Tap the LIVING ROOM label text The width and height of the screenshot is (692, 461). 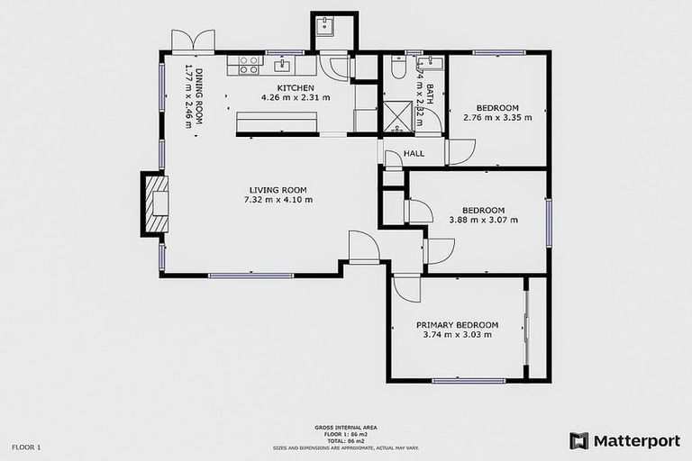(x=278, y=190)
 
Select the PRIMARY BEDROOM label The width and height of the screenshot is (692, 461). (x=457, y=325)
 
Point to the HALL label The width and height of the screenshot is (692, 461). (x=414, y=154)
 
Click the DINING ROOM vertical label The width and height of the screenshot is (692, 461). (x=189, y=95)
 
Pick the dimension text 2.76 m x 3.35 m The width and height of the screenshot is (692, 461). (x=497, y=117)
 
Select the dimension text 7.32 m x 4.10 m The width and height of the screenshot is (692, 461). (x=278, y=200)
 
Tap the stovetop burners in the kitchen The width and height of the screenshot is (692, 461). (x=249, y=65)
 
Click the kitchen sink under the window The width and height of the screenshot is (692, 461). (x=282, y=64)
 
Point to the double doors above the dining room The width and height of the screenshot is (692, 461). (x=194, y=41)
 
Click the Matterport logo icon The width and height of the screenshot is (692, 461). (x=578, y=440)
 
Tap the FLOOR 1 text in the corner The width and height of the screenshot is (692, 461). (x=26, y=447)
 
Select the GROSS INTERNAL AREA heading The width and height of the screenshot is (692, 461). (x=345, y=428)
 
